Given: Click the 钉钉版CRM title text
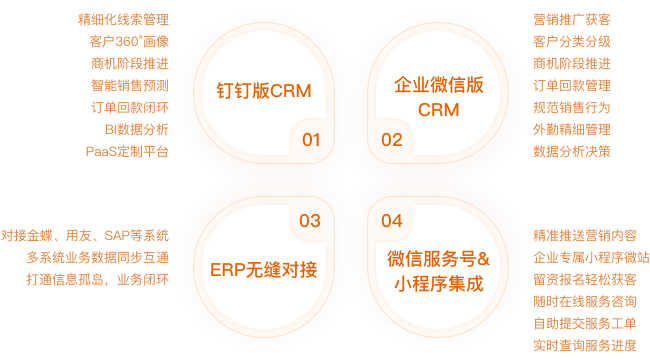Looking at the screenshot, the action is tap(264, 90).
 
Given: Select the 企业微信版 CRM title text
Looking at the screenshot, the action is tap(438, 97).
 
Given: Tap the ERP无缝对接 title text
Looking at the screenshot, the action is tap(264, 269).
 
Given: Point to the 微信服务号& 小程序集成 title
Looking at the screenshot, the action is tap(438, 270).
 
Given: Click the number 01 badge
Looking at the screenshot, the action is tap(312, 140).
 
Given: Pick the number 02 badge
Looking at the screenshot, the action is tap(392, 140).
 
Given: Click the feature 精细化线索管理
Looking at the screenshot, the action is tap(123, 20).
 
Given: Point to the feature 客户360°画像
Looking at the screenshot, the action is tap(128, 42).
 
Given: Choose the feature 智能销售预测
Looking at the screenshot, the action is tap(129, 86).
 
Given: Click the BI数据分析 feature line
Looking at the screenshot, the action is tap(136, 130).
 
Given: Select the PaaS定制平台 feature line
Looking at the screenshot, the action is tap(128, 152).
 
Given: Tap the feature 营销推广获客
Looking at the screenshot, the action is tap(573, 20).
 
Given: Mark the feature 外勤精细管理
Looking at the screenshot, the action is tap(572, 130).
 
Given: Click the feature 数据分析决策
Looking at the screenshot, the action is tap(572, 152).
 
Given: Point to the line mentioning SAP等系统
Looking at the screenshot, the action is tap(85, 236).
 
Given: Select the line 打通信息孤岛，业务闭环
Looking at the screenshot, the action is tap(97, 280).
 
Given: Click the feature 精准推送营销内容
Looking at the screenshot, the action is tap(585, 236).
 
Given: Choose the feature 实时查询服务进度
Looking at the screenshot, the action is tap(585, 346).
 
